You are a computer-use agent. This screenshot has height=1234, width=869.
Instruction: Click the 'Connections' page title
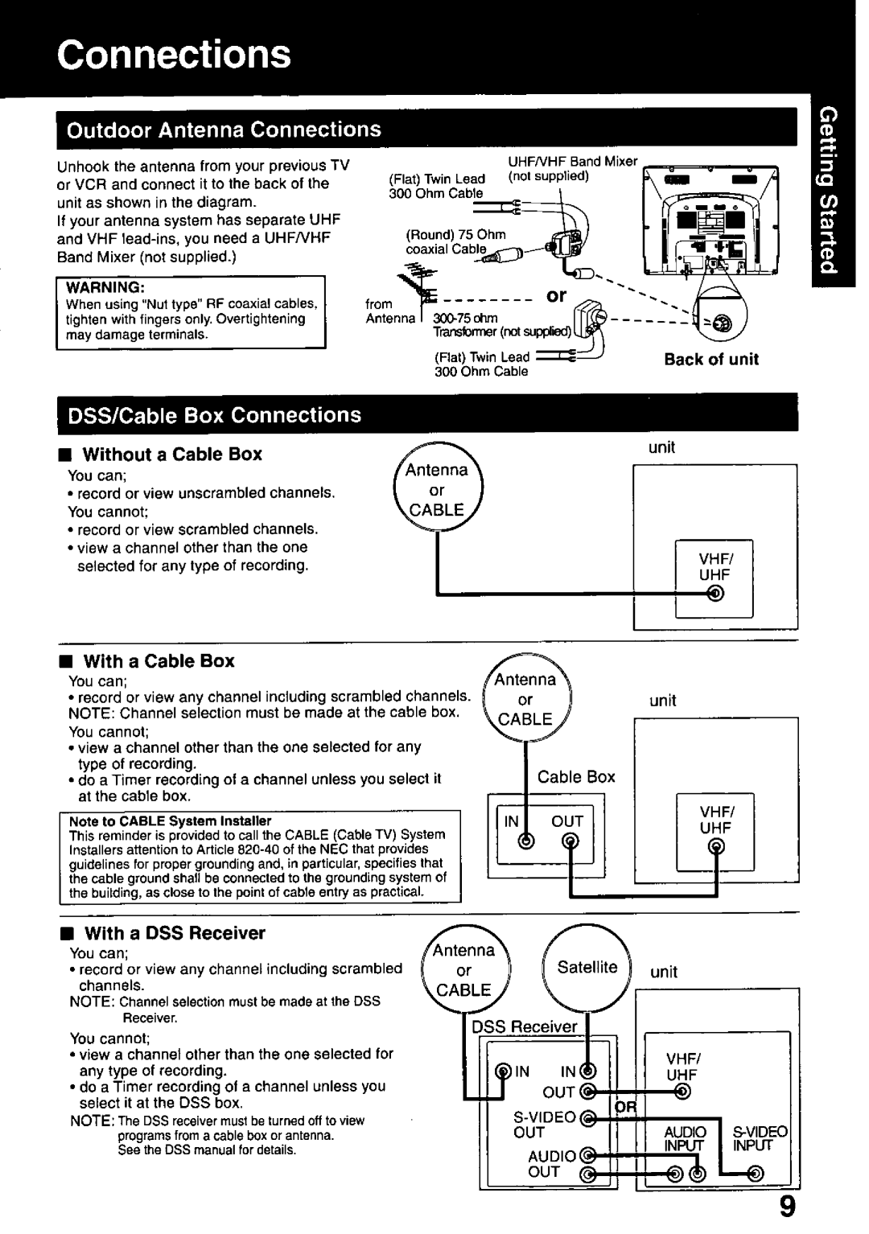[x=174, y=54]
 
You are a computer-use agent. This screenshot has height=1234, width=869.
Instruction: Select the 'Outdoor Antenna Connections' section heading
[x=223, y=130]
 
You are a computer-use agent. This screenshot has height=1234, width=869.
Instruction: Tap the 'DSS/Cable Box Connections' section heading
[x=213, y=415]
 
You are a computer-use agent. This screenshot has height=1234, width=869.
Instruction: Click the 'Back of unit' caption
[x=711, y=360]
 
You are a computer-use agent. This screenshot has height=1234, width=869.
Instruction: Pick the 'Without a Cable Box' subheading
[x=173, y=455]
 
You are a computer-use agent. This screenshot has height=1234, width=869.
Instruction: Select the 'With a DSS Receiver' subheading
[x=175, y=933]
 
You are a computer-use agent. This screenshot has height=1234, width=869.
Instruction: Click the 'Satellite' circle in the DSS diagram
[x=587, y=967]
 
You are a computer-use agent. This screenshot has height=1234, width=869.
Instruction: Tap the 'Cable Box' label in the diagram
[x=576, y=777]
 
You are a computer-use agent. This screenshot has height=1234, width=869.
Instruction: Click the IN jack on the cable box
[x=525, y=841]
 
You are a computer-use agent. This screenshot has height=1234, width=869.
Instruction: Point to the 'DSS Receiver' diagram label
[x=525, y=1027]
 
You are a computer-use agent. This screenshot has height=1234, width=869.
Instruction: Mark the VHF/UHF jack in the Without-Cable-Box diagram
[x=715, y=594]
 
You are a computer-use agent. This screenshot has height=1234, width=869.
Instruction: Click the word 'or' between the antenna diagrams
[x=556, y=296]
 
